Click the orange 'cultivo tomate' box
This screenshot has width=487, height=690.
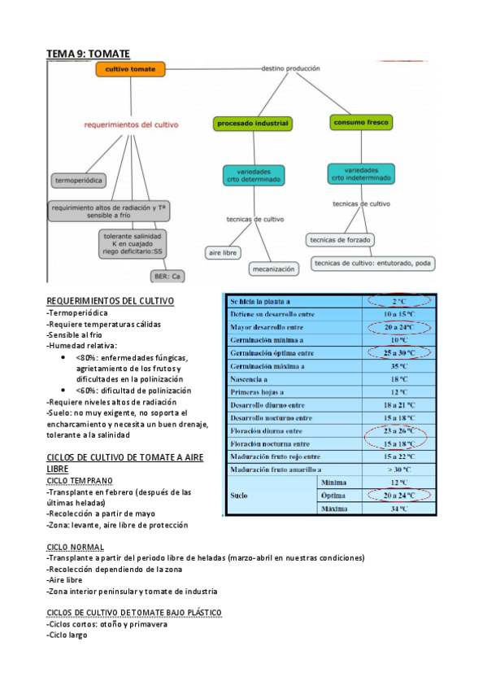tap(130, 70)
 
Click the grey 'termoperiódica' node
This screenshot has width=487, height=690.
tap(80, 179)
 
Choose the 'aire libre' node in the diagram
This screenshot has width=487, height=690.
tap(223, 253)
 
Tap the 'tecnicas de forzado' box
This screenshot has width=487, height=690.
tap(341, 240)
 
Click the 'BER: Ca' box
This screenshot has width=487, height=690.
tap(167, 277)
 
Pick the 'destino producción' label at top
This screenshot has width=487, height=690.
tap(290, 69)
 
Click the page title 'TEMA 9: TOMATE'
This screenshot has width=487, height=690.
tap(88, 54)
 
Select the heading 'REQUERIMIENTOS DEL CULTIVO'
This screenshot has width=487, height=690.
tap(111, 301)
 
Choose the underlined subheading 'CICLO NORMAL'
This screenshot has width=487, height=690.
tap(75, 547)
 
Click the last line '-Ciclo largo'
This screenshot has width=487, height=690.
tap(67, 635)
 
